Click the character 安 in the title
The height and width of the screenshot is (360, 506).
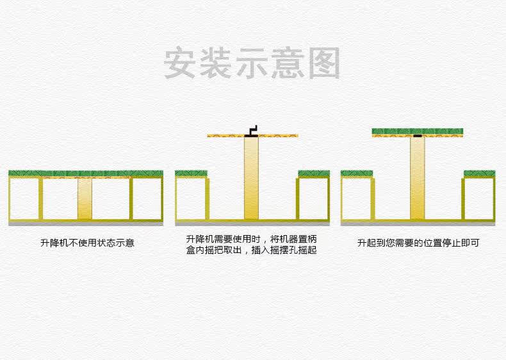click(x=181, y=63)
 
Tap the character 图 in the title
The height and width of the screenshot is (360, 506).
click(x=323, y=63)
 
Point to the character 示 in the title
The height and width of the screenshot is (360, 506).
click(x=253, y=63)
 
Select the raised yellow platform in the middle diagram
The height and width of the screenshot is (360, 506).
click(x=275, y=136)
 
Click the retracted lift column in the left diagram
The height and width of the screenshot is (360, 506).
click(x=85, y=199)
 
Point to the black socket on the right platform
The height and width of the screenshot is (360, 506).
click(x=418, y=136)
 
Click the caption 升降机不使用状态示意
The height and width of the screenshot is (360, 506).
click(x=87, y=243)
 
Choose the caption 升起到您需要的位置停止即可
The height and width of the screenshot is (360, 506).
click(x=418, y=243)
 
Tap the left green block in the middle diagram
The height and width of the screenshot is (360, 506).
click(x=191, y=173)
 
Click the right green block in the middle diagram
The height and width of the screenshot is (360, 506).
click(x=314, y=173)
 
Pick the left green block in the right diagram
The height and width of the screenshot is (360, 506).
click(x=357, y=173)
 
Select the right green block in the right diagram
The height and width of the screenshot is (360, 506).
click(x=480, y=173)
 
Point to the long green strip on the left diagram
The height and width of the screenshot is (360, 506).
click(x=85, y=173)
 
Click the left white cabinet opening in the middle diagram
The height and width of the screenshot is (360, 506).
click(x=190, y=199)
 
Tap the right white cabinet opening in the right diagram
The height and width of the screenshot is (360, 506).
click(x=480, y=199)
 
